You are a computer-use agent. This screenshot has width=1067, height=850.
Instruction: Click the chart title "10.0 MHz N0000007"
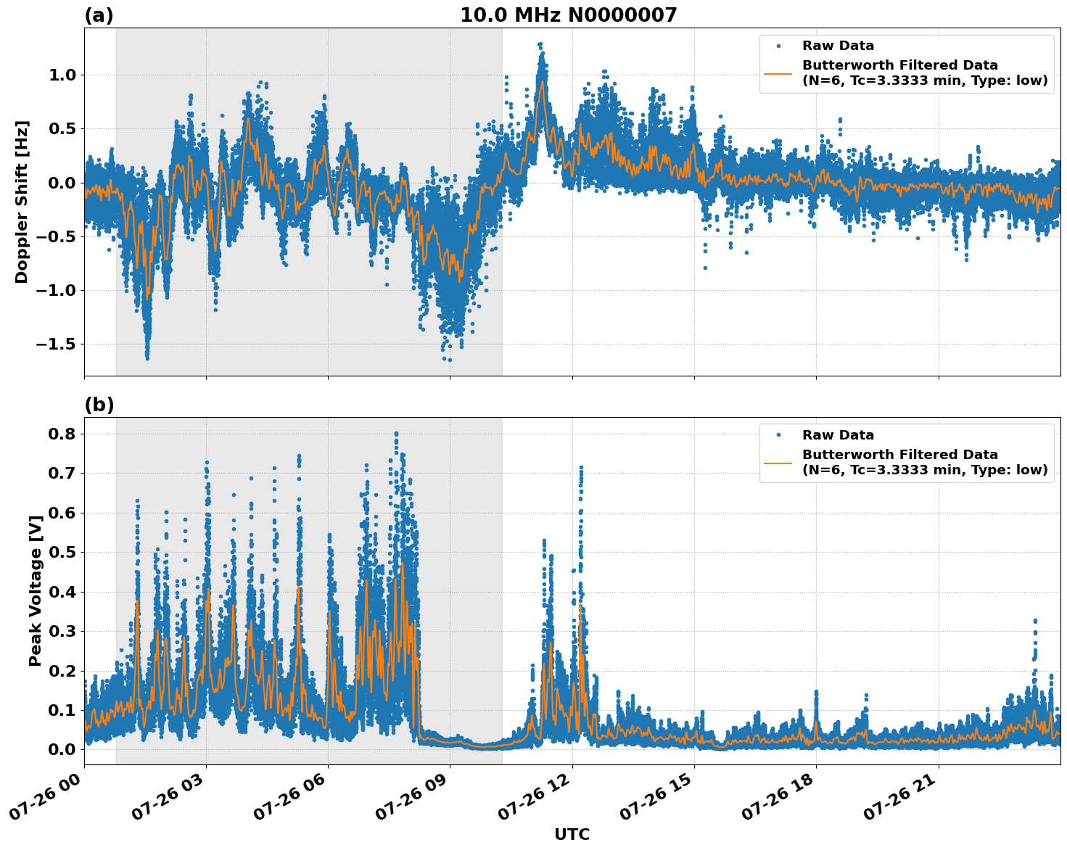pos(568,15)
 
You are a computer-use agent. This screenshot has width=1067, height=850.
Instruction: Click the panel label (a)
pos(99,15)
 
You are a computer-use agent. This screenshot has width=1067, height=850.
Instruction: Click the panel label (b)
pos(99,405)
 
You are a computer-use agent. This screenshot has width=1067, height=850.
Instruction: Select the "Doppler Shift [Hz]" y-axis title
pos(22,202)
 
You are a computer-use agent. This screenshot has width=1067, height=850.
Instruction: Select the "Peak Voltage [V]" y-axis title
pos(35,590)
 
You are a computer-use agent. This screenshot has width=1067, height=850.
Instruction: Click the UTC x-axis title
pos(572,834)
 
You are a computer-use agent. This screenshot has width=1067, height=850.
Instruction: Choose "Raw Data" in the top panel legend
pos(838,46)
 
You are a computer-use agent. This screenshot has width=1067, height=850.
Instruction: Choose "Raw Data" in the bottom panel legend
pos(838,435)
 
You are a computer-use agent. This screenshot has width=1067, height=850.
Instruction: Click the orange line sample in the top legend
pos(778,73)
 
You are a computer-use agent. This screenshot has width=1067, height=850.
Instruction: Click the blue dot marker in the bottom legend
pos(778,435)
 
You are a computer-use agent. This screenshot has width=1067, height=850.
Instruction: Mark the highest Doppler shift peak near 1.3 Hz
pos(540,44)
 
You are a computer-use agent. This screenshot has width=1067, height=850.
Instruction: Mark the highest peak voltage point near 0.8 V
pos(396,434)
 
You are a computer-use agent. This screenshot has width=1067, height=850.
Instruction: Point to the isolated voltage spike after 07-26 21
pos(1035,622)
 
